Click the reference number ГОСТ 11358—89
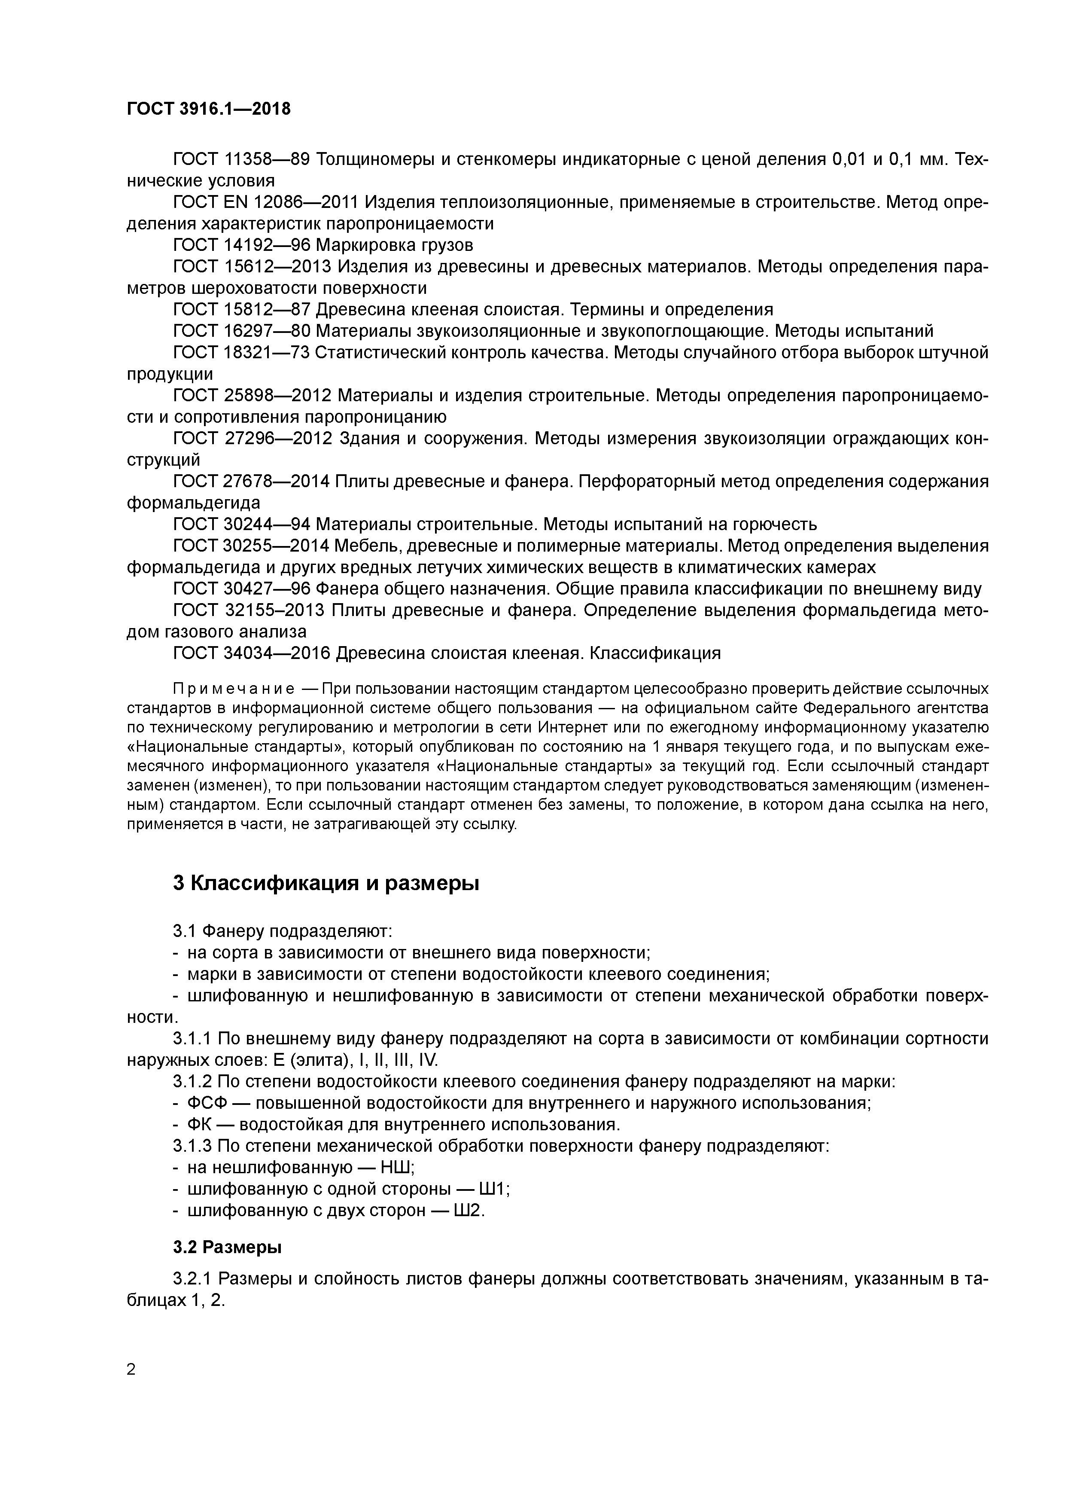pos(241,159)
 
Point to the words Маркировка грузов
pos(394,245)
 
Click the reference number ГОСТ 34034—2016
pos(254,653)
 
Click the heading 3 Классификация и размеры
pos(326,884)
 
